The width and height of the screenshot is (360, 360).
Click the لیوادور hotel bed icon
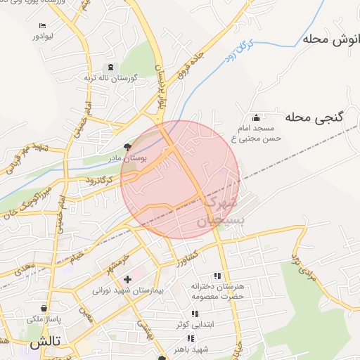[43, 26]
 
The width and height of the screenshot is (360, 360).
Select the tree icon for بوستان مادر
[127, 147]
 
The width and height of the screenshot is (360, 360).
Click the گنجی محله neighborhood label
[314, 117]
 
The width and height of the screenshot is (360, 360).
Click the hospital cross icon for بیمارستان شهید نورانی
[127, 279]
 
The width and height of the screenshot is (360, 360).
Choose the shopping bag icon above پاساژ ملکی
[44, 308]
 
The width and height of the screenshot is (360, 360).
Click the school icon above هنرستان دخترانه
[217, 276]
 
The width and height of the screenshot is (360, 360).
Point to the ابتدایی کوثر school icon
[194, 314]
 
